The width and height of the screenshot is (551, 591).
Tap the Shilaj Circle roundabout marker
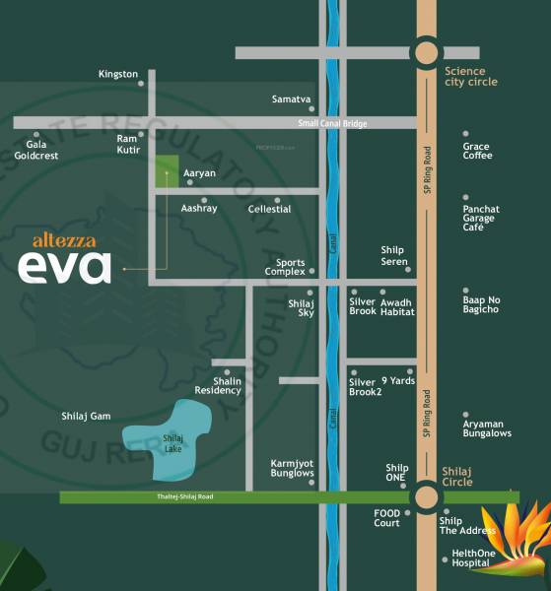click(426, 496)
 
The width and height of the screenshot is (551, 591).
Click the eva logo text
click(64, 267)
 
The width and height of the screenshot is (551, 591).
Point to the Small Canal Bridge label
click(333, 123)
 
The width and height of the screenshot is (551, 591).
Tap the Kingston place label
click(118, 74)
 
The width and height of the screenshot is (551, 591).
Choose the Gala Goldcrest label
click(36, 151)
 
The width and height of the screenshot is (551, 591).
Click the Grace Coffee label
click(477, 151)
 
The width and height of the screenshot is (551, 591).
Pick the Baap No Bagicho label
click(481, 303)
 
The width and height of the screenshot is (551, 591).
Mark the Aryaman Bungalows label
click(487, 427)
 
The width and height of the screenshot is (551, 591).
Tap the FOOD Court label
click(386, 518)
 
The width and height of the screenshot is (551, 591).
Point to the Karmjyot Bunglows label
click(292, 467)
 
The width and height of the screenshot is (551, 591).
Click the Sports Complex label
click(285, 267)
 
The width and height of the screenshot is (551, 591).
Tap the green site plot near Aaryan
click(166, 171)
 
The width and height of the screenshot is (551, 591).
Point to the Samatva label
click(292, 99)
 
